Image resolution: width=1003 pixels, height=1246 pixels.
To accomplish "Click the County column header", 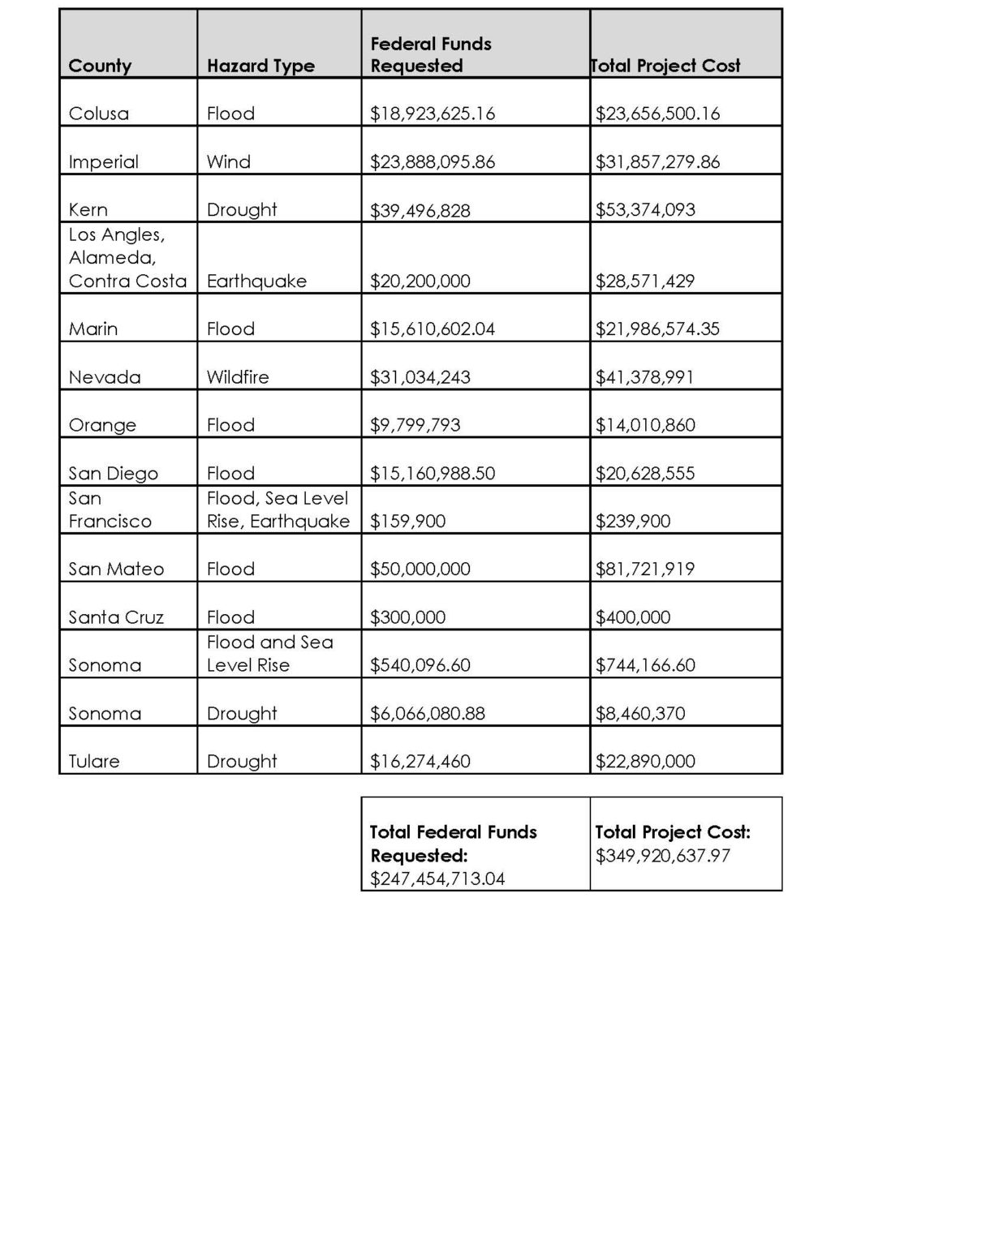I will coord(100,66).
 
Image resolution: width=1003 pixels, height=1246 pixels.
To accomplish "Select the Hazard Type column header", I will coord(260,66).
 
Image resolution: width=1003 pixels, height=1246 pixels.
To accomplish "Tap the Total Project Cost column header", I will coord(665,66).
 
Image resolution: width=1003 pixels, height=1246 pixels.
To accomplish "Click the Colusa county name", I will coord(98,114).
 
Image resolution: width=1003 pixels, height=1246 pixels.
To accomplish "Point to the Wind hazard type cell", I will coord(228,161).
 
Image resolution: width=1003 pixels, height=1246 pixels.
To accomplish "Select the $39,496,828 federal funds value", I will coord(420,210).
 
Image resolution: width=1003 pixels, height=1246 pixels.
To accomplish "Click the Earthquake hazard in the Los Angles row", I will coord(256,281).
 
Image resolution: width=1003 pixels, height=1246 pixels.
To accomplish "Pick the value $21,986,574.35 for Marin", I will coord(657,329).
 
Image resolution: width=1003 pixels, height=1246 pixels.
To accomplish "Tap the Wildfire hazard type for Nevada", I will coord(237,376).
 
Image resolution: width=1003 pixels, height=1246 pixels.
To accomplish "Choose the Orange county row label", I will coord(102,425).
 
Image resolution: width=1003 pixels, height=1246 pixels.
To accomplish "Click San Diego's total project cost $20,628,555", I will coord(645,473).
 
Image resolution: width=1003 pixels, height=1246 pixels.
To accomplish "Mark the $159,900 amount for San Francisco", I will coord(407,521).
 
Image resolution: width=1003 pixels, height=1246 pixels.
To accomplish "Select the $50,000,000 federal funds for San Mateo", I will coord(420,569).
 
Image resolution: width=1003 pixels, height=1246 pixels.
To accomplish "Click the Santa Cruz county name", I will coord(116,617).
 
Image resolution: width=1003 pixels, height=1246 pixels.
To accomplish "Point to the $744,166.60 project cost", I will coord(645,665).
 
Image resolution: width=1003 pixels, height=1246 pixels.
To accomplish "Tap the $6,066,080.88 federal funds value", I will coord(427,713).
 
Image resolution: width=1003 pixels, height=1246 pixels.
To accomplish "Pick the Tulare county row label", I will coord(94,761).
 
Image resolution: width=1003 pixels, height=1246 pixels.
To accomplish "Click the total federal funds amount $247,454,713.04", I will coord(437,879).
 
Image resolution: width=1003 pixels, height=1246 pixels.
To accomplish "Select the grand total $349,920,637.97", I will coord(662,856).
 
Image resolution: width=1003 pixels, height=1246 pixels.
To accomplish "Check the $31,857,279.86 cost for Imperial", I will coord(657,161).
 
